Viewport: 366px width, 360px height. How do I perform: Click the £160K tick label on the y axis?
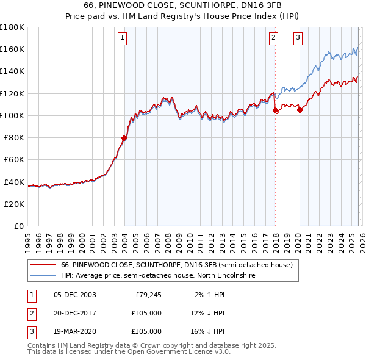(12, 49)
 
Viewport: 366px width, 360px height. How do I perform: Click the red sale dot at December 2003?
(124, 138)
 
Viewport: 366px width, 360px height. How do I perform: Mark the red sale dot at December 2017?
(275, 110)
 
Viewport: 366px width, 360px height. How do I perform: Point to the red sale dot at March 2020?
(300, 110)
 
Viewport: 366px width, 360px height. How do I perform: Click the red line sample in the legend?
(43, 265)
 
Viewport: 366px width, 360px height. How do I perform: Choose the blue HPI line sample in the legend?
(43, 276)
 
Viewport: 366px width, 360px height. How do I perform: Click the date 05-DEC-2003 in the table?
(75, 295)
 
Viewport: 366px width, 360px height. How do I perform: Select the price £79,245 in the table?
(146, 295)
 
